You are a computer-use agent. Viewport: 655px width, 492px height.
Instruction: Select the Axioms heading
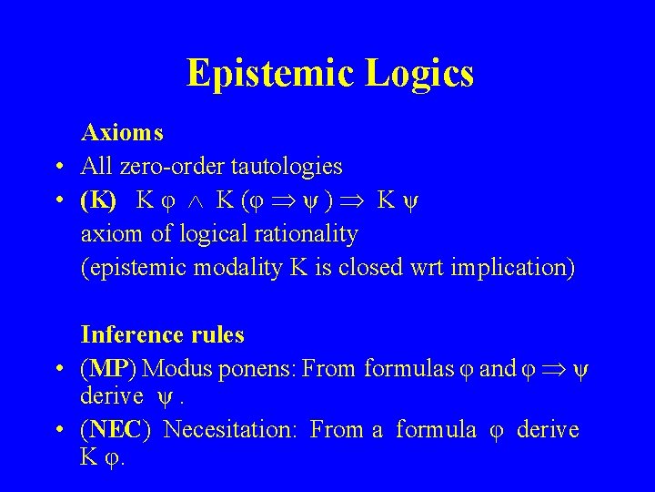[122, 133]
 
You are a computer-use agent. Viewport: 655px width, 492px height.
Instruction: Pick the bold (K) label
[98, 200]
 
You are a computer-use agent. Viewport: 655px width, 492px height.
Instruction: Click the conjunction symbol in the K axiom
[196, 201]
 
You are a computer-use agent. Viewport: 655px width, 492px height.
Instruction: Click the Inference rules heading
[162, 335]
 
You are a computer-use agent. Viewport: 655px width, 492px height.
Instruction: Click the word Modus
[172, 369]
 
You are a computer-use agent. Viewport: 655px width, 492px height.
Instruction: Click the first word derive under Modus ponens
[112, 396]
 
